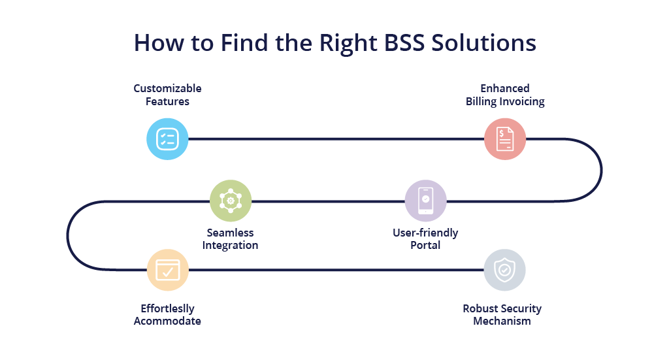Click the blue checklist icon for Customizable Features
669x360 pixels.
[x=167, y=139]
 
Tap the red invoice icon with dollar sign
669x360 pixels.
[x=504, y=139]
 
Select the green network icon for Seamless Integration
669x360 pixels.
[x=230, y=201]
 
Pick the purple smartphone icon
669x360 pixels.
[x=425, y=201]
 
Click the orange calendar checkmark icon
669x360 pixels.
[x=167, y=269]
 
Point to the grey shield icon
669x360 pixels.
[x=504, y=269]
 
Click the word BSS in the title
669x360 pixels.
[x=387, y=43]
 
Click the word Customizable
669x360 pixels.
[x=167, y=88]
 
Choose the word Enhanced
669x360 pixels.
[x=504, y=88]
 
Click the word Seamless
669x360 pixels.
[x=230, y=233]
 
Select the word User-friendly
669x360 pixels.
[x=425, y=233]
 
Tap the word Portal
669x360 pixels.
[x=425, y=246]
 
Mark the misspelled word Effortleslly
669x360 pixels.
[x=167, y=308]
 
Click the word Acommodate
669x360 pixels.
[x=167, y=321]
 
